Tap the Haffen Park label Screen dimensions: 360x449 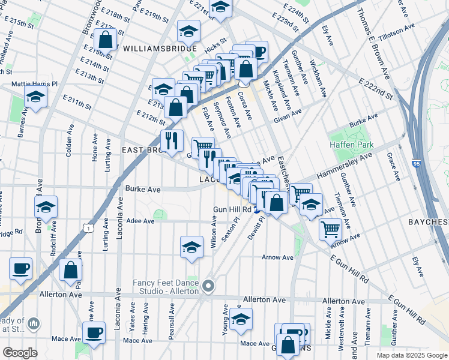(352, 145)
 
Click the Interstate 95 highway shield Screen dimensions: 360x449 (417, 163)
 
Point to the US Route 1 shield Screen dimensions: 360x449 (88, 227)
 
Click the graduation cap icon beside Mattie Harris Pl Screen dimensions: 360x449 (35, 96)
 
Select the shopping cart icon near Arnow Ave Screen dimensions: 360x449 (330, 229)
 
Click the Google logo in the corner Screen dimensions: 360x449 (20, 353)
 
